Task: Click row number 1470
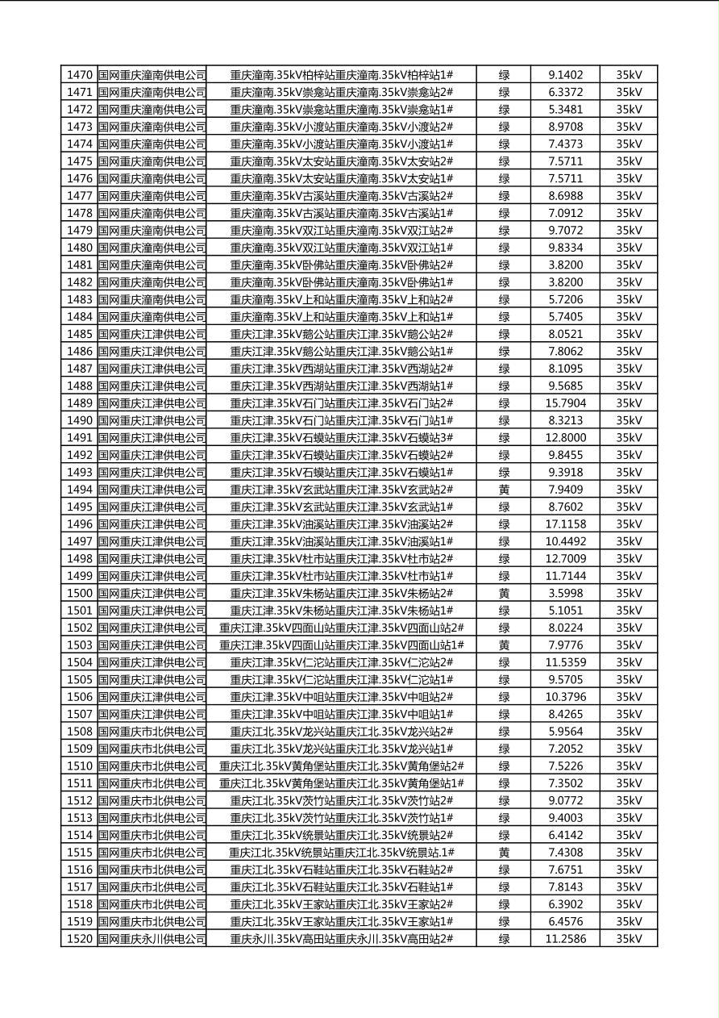point(80,75)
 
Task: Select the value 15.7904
point(565,403)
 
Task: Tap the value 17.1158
point(565,524)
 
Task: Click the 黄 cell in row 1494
point(504,490)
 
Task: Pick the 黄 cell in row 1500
point(504,593)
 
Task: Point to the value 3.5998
point(565,593)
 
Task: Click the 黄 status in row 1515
point(504,853)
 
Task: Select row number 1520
point(80,939)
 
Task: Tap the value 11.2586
point(565,939)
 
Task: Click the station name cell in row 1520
point(342,939)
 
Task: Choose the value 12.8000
point(565,438)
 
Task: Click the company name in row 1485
point(152,334)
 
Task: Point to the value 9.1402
point(565,75)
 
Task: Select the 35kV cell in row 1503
point(629,645)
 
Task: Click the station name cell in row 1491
point(342,438)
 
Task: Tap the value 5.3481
point(565,110)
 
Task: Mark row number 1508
point(80,732)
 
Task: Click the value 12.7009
point(565,559)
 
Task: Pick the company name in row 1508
point(152,732)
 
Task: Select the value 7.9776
point(565,645)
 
